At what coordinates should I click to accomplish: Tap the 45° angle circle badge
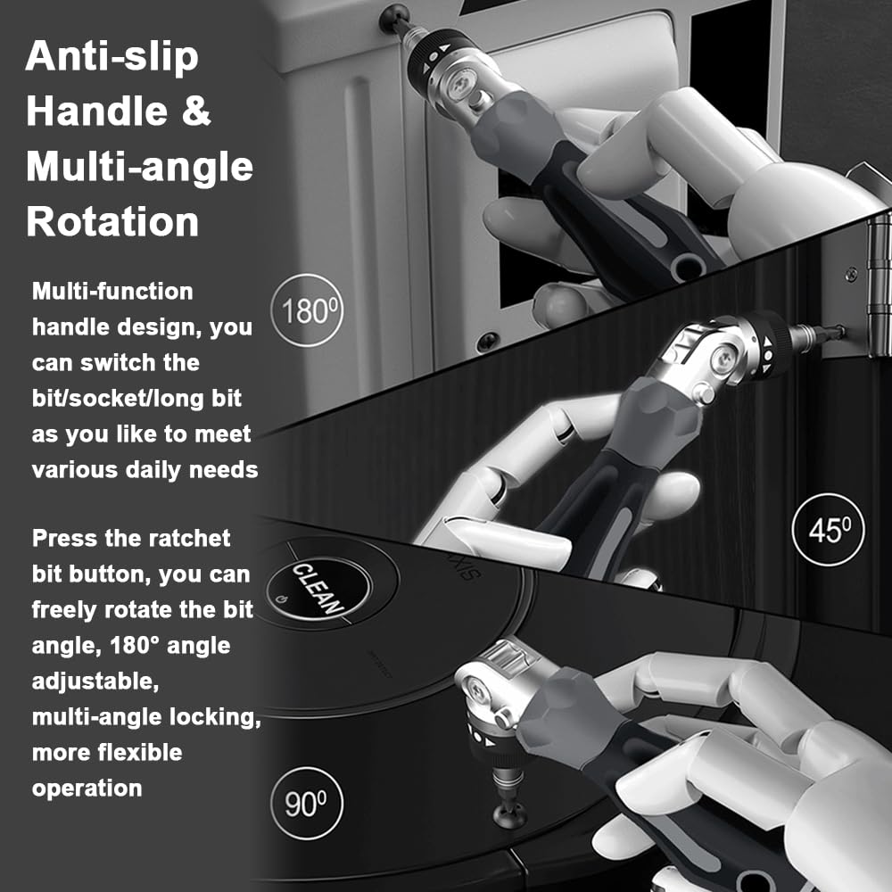point(828,530)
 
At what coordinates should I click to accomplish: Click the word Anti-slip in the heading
point(111,58)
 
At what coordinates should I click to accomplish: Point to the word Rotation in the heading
point(111,220)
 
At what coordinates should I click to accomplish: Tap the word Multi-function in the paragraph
point(112,291)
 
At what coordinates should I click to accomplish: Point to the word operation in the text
point(87,788)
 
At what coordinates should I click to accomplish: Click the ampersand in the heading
point(198,112)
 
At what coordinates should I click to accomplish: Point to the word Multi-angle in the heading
point(139,167)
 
